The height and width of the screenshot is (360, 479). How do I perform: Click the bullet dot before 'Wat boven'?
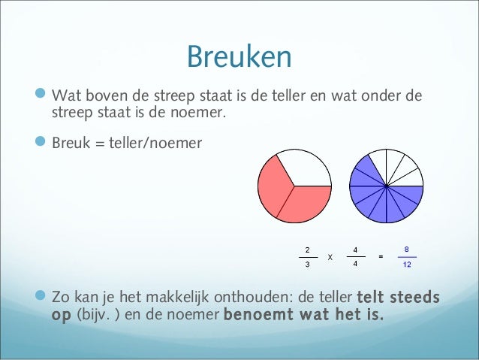pos(42,96)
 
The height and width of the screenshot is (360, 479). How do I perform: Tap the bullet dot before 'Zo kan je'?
pos(42,298)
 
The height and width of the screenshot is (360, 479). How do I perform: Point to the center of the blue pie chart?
pos(386,186)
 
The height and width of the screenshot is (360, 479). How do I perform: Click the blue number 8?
pos(406,249)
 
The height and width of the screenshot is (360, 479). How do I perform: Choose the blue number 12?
pos(406,265)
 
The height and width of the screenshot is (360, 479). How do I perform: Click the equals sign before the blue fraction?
pos(381,257)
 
